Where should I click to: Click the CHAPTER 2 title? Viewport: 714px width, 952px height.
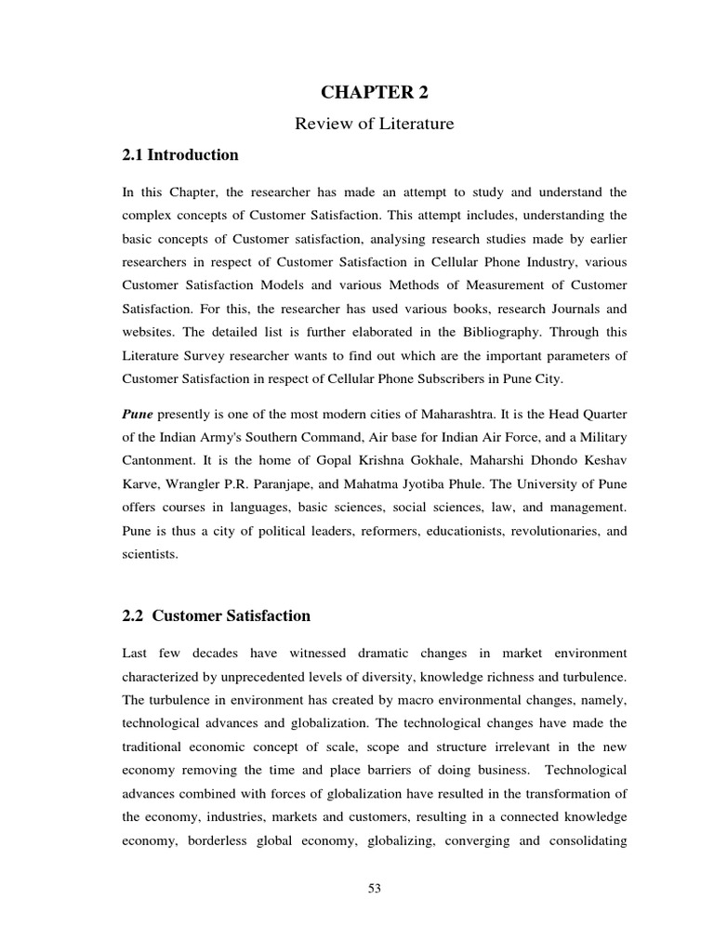[375, 91]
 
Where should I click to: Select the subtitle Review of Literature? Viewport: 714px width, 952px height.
[375, 124]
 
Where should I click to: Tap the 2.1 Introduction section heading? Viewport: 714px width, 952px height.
[180, 155]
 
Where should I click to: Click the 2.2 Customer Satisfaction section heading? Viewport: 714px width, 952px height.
[217, 616]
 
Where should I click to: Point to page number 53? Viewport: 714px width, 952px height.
[375, 888]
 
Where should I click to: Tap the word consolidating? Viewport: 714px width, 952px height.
[580, 840]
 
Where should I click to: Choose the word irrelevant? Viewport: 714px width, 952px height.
[515, 747]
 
